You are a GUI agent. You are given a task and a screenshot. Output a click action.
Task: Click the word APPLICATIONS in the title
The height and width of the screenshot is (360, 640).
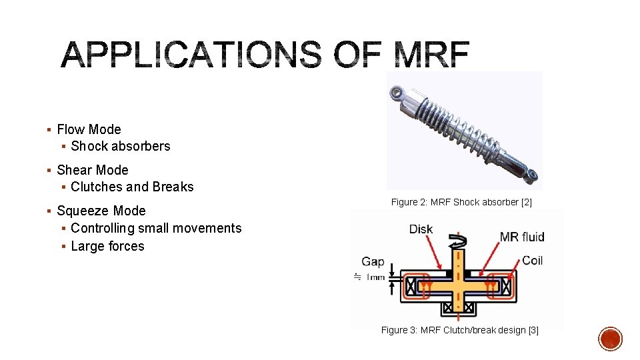[x=190, y=55]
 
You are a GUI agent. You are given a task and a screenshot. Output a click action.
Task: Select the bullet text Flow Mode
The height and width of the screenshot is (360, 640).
[x=89, y=129]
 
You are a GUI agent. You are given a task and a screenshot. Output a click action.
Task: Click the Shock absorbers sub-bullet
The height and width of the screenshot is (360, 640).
[x=121, y=146]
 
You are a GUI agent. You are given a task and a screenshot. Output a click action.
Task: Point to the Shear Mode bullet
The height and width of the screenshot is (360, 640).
[x=93, y=170]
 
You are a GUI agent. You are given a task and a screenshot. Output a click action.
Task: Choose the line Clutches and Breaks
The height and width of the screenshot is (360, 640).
[x=132, y=187]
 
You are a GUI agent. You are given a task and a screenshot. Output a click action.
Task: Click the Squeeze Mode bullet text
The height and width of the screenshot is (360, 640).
[x=101, y=211]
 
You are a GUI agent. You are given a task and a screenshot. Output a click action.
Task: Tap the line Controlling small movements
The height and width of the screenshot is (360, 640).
[x=156, y=228]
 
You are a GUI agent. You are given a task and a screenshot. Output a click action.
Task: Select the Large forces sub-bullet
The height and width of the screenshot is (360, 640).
[x=107, y=246]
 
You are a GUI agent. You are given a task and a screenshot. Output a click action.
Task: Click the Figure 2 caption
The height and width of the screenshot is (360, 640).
[x=461, y=202]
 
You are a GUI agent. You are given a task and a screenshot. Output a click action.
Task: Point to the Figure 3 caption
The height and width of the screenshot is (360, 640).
[x=459, y=330]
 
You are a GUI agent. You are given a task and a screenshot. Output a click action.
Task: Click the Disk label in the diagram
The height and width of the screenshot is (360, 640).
[x=421, y=229]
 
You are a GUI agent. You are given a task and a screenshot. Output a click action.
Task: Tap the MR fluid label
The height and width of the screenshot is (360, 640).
[x=522, y=237]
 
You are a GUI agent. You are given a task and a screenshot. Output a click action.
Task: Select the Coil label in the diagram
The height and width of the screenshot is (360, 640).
[x=533, y=260]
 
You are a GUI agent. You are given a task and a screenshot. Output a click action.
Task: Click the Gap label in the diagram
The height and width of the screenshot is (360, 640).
[x=373, y=261]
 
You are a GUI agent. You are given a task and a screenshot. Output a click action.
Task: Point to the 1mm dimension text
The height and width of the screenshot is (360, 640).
[x=374, y=277]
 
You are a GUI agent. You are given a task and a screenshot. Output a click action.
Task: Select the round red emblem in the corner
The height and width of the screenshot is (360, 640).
[x=609, y=339]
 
